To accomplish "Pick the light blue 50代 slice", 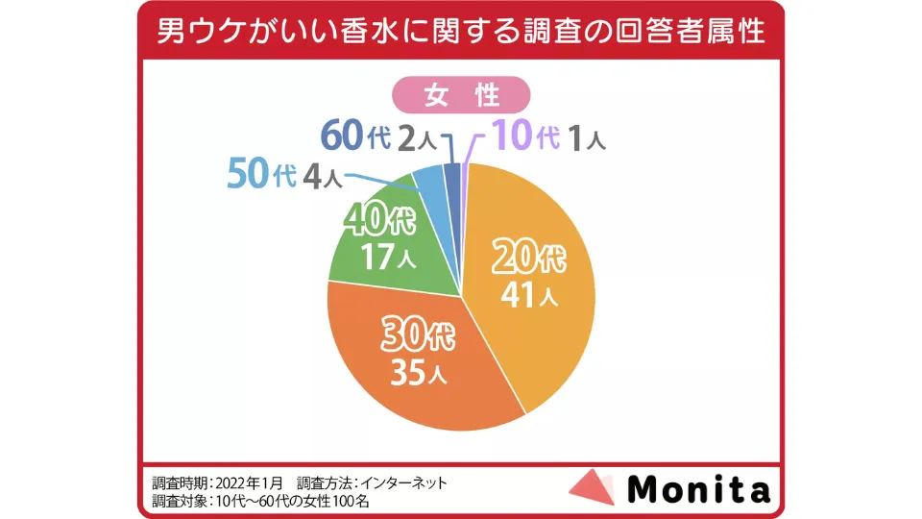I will point(428,182).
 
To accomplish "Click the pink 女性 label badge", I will point(460,95).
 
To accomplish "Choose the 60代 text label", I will point(354,136).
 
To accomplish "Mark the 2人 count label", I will point(416,138).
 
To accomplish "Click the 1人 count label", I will point(584,138).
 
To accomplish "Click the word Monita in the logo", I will point(698,489).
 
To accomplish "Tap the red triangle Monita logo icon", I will point(592,487).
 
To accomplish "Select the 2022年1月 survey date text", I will point(253,482).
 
